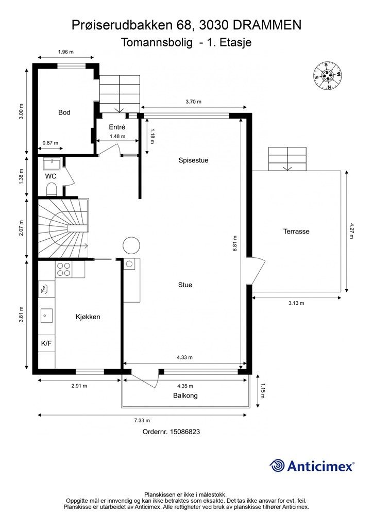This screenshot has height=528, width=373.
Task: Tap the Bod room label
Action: (64, 112)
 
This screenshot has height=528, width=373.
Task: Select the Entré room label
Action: (117, 127)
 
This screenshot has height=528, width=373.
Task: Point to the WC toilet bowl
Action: (52, 190)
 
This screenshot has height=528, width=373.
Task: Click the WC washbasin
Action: (52, 163)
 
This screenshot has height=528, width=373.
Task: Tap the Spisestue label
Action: (193, 160)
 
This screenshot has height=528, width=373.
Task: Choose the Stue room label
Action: (185, 285)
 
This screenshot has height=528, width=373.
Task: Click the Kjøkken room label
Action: (88, 317)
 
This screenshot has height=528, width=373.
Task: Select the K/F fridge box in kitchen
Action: (46, 343)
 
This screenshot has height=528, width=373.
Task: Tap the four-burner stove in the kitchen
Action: (63, 269)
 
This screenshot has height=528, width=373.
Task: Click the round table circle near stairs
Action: (131, 245)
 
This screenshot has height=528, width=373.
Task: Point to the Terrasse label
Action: (296, 232)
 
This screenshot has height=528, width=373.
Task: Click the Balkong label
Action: (185, 395)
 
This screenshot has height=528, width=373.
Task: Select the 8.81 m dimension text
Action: (235, 243)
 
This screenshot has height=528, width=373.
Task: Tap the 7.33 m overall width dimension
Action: (142, 420)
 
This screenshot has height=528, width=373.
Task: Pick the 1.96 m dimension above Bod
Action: (65, 52)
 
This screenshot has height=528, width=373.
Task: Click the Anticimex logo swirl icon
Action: (277, 466)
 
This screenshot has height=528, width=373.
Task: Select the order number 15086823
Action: (185, 432)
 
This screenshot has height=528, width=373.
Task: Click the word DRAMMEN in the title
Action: (267, 25)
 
